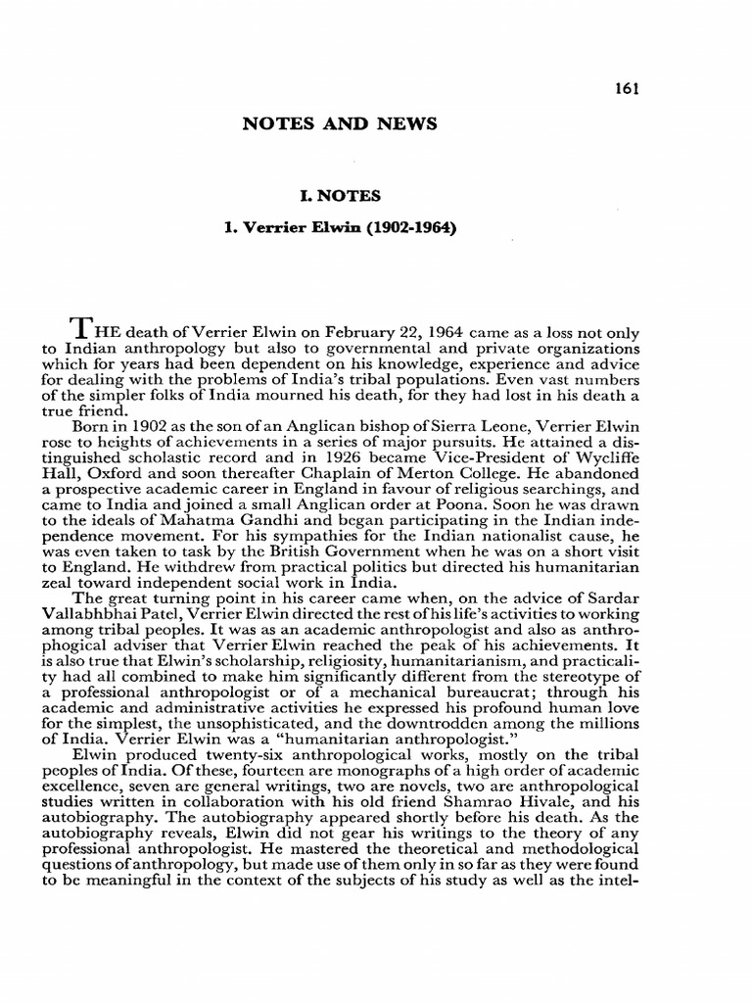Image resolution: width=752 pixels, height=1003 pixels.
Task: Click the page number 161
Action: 627,89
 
